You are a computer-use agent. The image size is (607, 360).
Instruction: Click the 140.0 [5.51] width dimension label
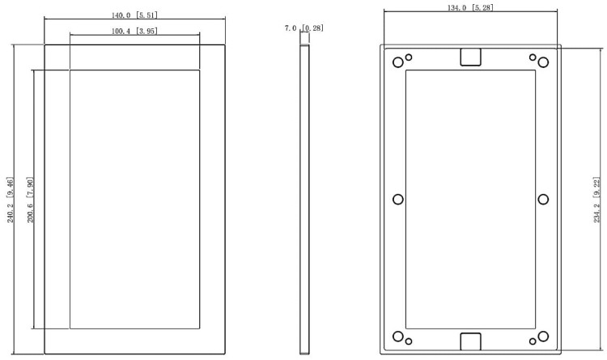(134, 15)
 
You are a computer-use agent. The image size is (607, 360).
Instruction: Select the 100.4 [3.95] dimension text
(134, 31)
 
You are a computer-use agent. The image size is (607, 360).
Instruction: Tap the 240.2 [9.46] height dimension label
(11, 200)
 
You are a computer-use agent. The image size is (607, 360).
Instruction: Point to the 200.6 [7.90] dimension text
(31, 200)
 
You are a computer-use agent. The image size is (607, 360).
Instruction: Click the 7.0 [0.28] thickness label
(304, 28)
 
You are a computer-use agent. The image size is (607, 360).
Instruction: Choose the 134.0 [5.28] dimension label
(470, 7)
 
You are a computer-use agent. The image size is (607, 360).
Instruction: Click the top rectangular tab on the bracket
(470, 56)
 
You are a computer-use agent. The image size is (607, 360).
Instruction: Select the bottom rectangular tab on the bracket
(470, 341)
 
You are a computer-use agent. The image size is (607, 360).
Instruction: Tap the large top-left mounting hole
(397, 63)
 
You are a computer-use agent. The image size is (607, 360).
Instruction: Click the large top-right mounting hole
(543, 63)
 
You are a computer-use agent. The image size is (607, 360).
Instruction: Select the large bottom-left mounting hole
(397, 337)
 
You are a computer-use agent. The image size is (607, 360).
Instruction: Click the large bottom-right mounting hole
(543, 337)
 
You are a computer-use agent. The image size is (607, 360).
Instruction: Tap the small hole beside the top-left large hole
(410, 57)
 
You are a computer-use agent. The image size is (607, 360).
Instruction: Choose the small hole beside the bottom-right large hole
(532, 341)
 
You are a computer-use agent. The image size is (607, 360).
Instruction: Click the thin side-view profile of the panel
(304, 199)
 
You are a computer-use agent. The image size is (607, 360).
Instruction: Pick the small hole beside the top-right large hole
(532, 57)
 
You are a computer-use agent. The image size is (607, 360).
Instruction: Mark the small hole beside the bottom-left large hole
(410, 341)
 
